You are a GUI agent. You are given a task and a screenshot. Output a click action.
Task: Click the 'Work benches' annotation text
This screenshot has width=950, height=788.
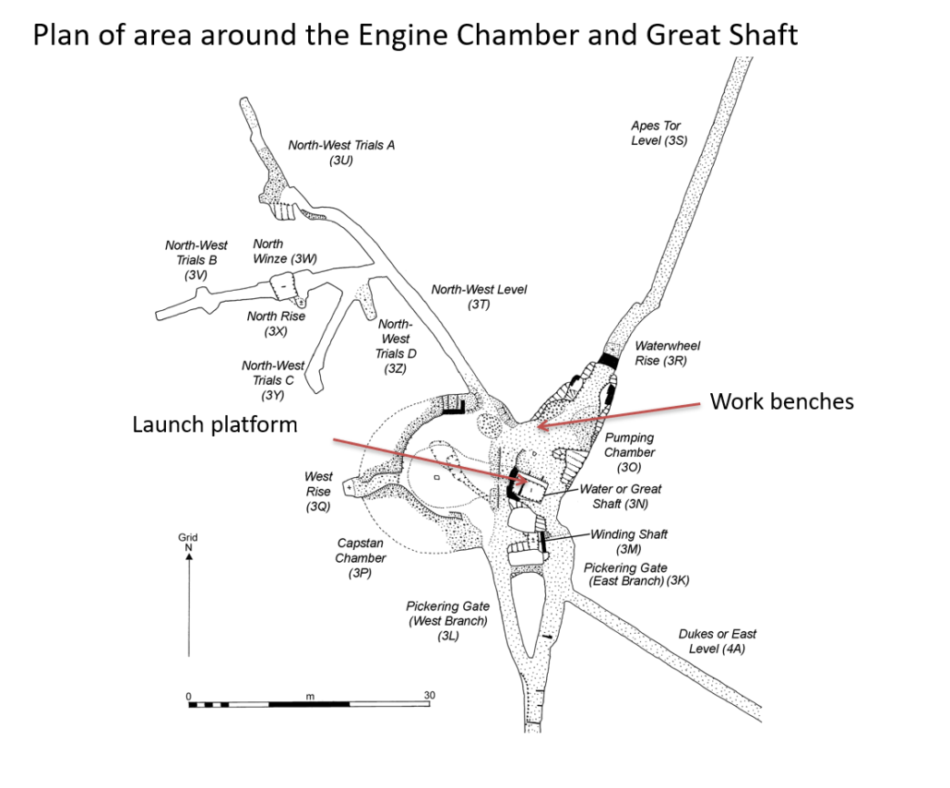click(x=780, y=401)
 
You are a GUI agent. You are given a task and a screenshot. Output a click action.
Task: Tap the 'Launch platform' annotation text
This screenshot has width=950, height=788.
click(x=215, y=424)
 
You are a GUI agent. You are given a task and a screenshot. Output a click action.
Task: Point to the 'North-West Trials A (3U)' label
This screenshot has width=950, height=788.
click(x=341, y=152)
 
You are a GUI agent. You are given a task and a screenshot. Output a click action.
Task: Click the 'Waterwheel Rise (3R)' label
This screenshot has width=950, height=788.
click(x=667, y=353)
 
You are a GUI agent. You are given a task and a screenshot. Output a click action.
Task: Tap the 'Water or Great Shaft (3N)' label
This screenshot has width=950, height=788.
click(x=620, y=496)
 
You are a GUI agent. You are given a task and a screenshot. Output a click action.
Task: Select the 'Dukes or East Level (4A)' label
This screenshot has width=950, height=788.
click(x=717, y=641)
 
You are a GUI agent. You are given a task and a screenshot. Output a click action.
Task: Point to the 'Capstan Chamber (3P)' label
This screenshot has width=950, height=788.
click(x=361, y=558)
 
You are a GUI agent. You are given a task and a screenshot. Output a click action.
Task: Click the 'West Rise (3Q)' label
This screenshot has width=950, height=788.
click(x=318, y=492)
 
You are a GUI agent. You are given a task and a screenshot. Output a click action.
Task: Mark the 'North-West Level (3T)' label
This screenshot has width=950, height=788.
click(x=479, y=297)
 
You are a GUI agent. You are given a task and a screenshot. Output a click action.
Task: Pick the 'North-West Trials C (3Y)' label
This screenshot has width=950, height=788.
click(x=273, y=380)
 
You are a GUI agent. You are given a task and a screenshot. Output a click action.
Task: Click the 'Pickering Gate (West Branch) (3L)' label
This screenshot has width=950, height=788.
click(x=447, y=621)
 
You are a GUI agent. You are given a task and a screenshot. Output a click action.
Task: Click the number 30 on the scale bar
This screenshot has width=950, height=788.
click(x=429, y=695)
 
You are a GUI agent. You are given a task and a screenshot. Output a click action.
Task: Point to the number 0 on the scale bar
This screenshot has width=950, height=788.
click(x=189, y=695)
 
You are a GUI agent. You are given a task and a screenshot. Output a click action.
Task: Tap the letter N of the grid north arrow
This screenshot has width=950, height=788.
click(x=188, y=547)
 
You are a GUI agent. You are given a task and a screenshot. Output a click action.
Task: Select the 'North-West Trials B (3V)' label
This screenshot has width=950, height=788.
click(x=196, y=259)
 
